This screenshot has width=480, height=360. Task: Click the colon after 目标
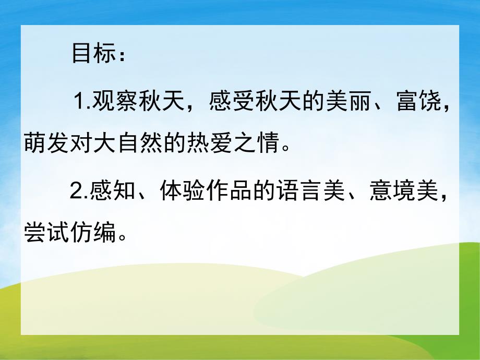pyautogui.click(x=122, y=56)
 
